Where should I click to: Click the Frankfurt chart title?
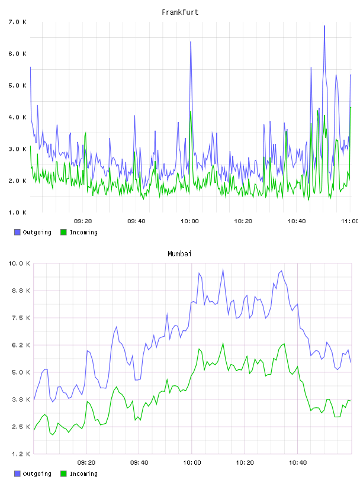tap(180, 12)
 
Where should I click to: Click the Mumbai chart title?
tap(179, 254)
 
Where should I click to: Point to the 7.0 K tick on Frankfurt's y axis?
tap(18, 22)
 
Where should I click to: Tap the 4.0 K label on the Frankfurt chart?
tap(18, 117)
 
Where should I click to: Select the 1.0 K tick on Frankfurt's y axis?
tap(18, 212)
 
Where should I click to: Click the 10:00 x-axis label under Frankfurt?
tap(189, 221)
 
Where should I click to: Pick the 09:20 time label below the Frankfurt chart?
tap(83, 221)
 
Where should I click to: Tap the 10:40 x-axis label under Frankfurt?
tap(297, 221)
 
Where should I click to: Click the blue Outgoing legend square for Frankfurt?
tap(17, 232)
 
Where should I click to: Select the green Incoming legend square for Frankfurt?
tap(63, 232)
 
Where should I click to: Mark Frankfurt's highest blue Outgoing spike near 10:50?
tap(324, 26)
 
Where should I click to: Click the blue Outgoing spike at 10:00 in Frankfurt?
tap(191, 42)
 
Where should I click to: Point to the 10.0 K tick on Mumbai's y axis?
tap(19, 263)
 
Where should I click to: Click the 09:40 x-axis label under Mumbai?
tap(139, 462)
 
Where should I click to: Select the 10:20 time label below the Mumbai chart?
tap(245, 462)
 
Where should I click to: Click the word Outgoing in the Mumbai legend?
tap(37, 474)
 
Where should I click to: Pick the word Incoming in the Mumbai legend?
tap(83, 474)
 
